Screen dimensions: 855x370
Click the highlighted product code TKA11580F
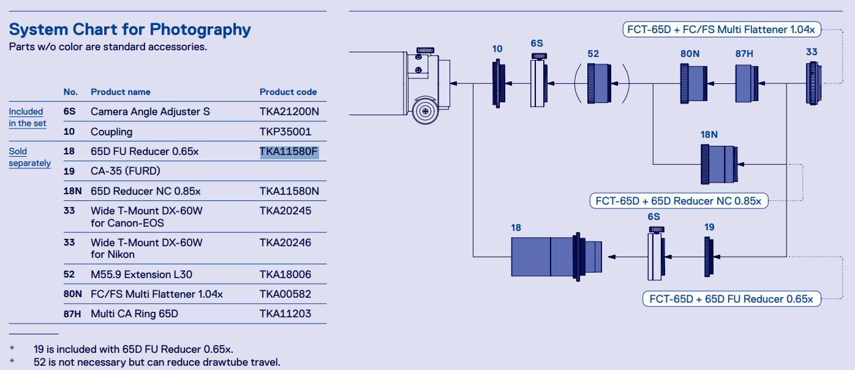[x=288, y=151]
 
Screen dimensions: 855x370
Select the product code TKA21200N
[x=289, y=111]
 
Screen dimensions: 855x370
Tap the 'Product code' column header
[x=288, y=92]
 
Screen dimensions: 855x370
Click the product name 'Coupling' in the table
[x=111, y=132]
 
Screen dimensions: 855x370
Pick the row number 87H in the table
[x=72, y=314]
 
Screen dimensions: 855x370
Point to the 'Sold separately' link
[x=29, y=157]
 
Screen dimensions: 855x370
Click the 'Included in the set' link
[x=28, y=117]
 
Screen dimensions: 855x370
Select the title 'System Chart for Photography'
[x=130, y=29]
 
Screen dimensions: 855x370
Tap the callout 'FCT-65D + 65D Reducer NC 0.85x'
[x=679, y=201]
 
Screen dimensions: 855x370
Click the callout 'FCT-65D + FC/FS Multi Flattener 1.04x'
[x=721, y=29]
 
